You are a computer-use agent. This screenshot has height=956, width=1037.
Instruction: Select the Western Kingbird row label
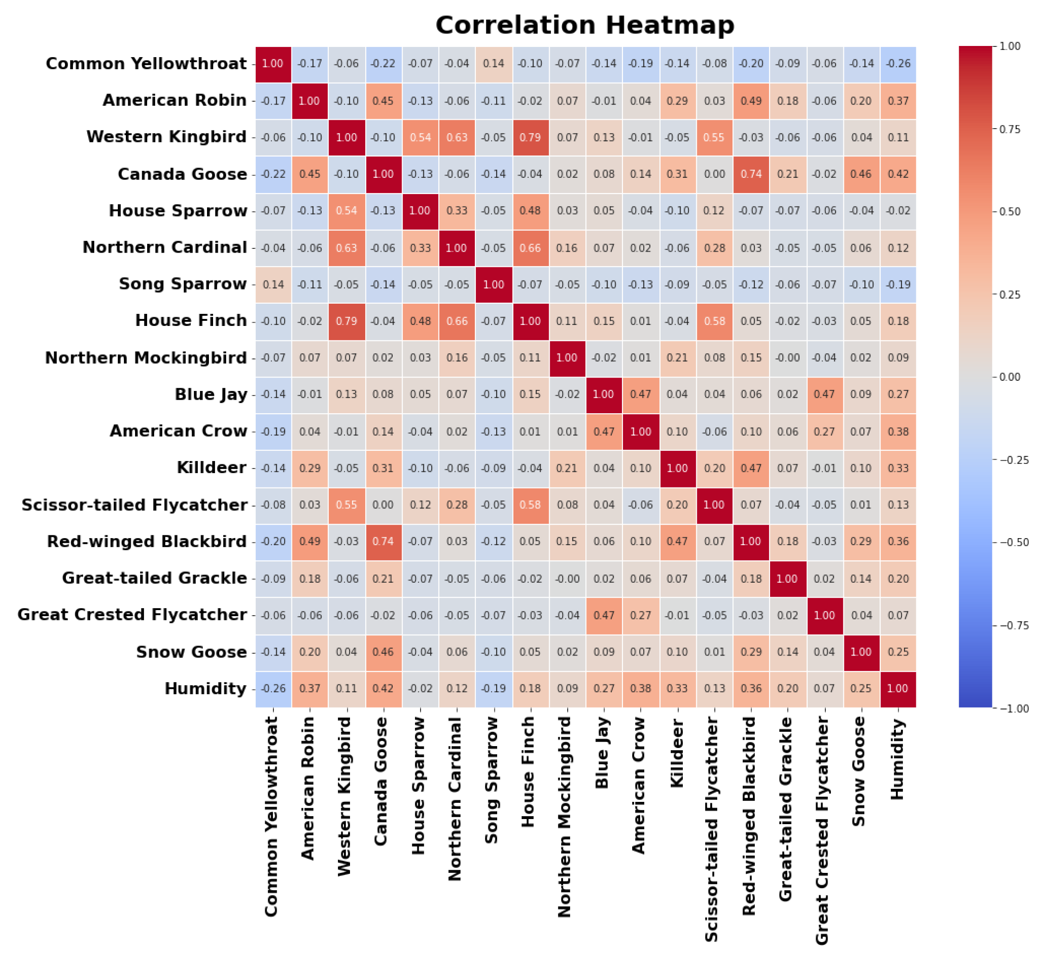[166, 137]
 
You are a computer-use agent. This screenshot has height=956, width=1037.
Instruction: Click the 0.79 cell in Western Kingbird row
[530, 137]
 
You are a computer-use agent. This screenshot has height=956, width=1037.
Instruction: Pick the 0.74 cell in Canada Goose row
[751, 174]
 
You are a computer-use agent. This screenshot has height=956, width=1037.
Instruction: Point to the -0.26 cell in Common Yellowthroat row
[898, 64]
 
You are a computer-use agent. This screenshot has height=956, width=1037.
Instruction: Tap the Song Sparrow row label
[182, 284]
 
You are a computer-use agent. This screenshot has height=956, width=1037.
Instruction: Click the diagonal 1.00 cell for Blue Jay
[603, 395]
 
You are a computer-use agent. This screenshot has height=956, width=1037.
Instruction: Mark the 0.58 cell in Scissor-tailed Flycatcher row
[530, 505]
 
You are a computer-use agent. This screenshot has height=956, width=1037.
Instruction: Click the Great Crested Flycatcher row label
[132, 615]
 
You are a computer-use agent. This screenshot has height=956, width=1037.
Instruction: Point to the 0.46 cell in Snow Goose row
[383, 652]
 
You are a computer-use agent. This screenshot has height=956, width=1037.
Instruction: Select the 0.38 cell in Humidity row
[640, 689]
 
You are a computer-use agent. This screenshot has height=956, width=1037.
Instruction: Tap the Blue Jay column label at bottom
[602, 753]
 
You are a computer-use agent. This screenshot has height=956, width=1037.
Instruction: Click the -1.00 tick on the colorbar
[1014, 709]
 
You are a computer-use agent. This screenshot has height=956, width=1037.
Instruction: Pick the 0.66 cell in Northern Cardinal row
[530, 248]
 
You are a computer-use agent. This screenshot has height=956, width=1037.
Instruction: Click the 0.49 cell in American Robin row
[751, 101]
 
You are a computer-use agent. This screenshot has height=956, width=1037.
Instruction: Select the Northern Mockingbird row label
[146, 358]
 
